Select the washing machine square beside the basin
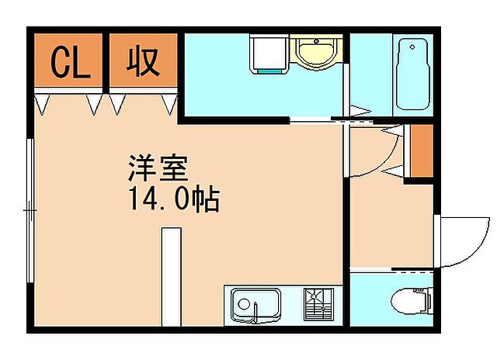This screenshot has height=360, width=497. (269, 54)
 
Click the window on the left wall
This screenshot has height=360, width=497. (30, 209)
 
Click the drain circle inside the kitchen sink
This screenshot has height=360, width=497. (244, 302)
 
